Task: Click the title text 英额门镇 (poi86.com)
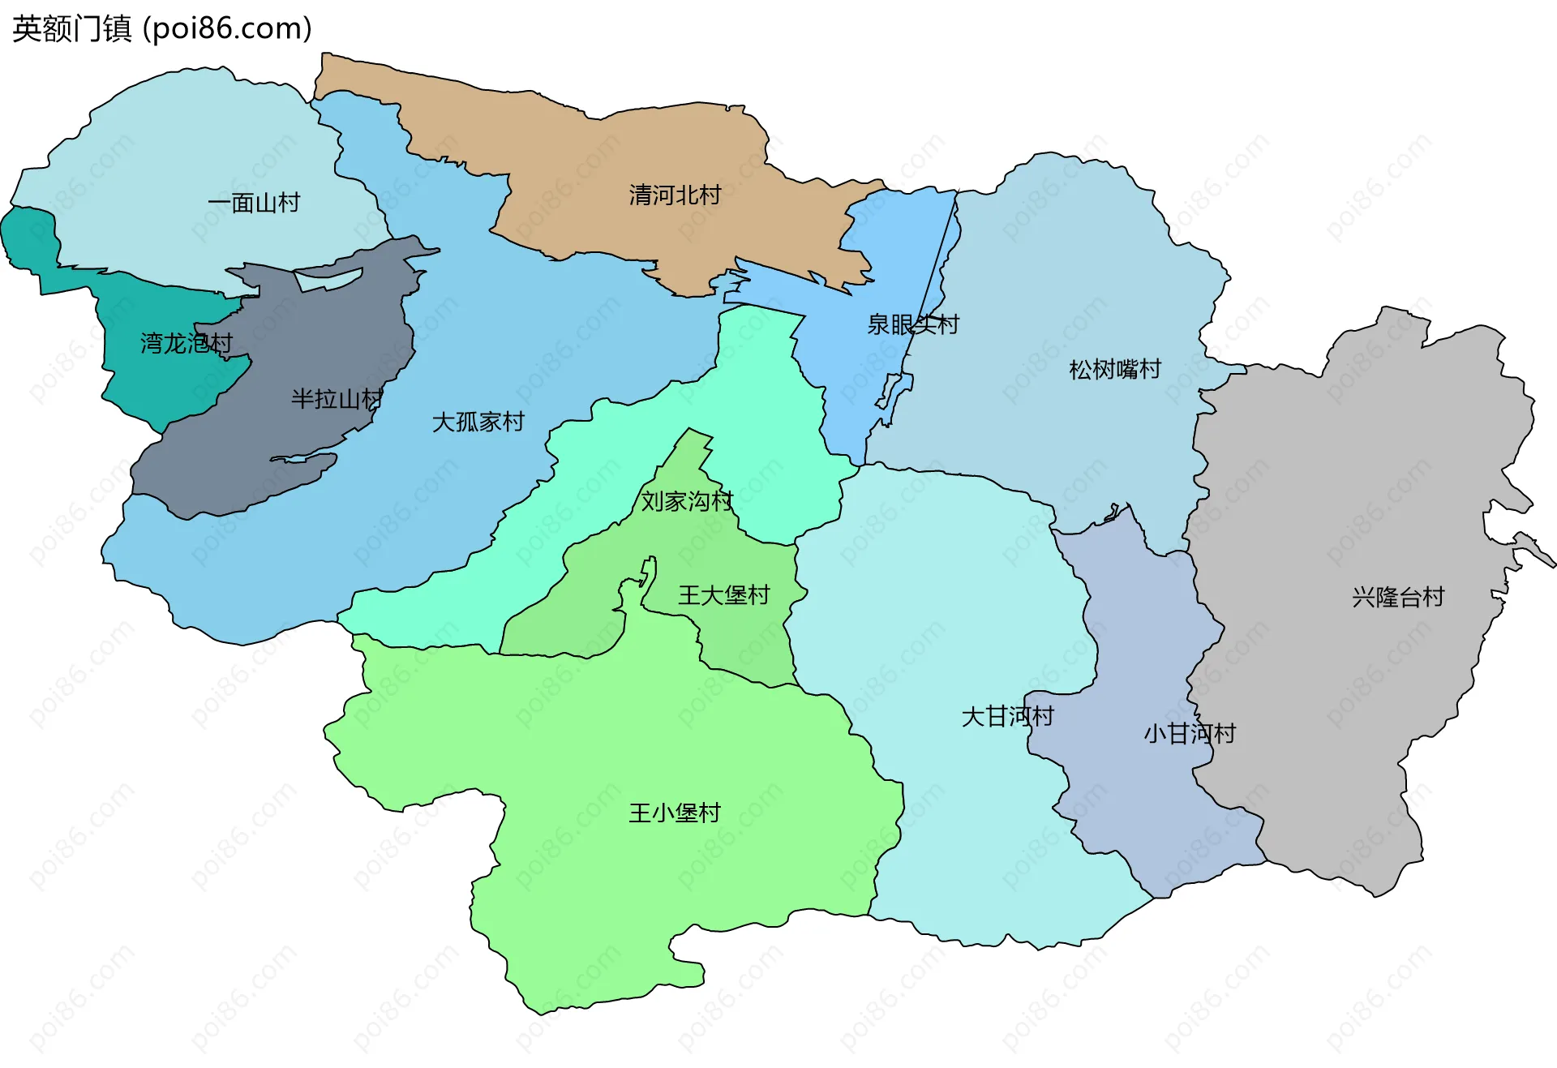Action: point(162,28)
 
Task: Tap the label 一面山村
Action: point(254,202)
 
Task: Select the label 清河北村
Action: point(675,195)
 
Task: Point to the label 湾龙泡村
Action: point(186,343)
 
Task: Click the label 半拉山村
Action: point(337,398)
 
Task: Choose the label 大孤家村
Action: point(478,422)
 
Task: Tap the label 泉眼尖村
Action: point(912,324)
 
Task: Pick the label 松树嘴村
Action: point(1115,369)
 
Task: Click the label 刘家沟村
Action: point(687,500)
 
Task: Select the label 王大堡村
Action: point(723,594)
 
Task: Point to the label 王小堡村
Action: point(674,813)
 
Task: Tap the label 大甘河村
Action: point(1007,716)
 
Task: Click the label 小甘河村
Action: point(1189,733)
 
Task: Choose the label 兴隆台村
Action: point(1398,597)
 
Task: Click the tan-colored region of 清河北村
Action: point(568,162)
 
